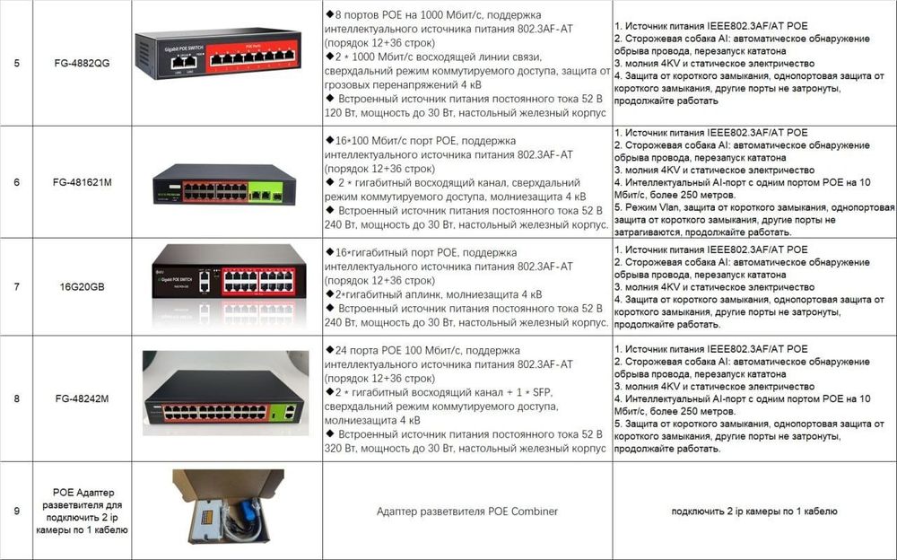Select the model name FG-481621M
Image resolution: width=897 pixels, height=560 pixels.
(x=88, y=182)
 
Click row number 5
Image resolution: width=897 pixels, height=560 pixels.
(x=17, y=64)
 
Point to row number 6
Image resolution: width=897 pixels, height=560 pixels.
(x=17, y=182)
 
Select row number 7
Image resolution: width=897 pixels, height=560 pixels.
(x=17, y=287)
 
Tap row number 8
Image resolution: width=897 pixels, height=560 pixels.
(x=17, y=398)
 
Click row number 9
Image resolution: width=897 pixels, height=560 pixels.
(x=17, y=511)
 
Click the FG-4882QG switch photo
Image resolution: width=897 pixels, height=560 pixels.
(x=226, y=54)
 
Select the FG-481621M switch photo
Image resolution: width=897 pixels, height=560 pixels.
(x=224, y=185)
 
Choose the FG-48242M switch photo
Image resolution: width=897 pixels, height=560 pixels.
(x=226, y=399)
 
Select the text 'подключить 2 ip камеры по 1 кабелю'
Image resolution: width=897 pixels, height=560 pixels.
(x=754, y=511)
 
